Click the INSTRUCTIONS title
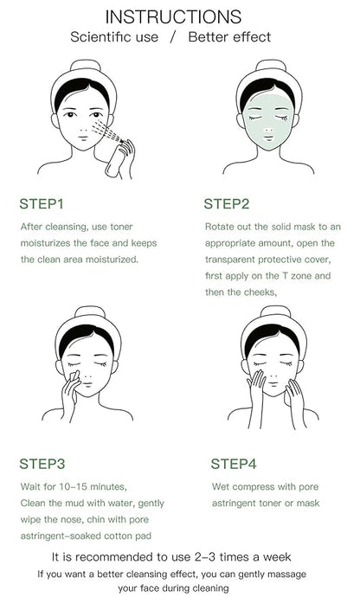click(173, 17)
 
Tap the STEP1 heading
click(42, 204)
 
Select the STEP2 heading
click(226, 204)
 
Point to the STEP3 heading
click(42, 464)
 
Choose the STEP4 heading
click(234, 464)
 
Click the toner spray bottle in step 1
click(115, 160)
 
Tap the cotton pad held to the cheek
click(74, 376)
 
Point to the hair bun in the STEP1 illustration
click(85, 65)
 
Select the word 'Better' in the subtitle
click(209, 37)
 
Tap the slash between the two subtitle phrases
click(174, 37)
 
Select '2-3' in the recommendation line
click(205, 557)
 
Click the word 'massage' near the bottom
click(289, 575)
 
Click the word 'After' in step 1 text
click(32, 227)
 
